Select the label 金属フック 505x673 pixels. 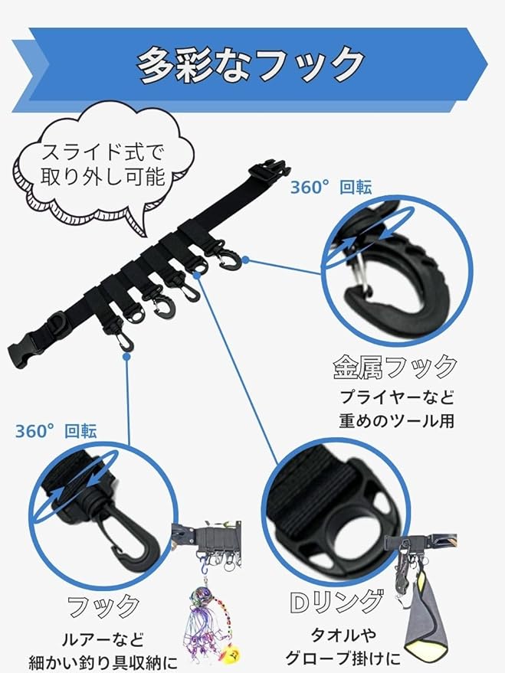point(395,368)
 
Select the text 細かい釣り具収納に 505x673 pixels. point(103,660)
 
